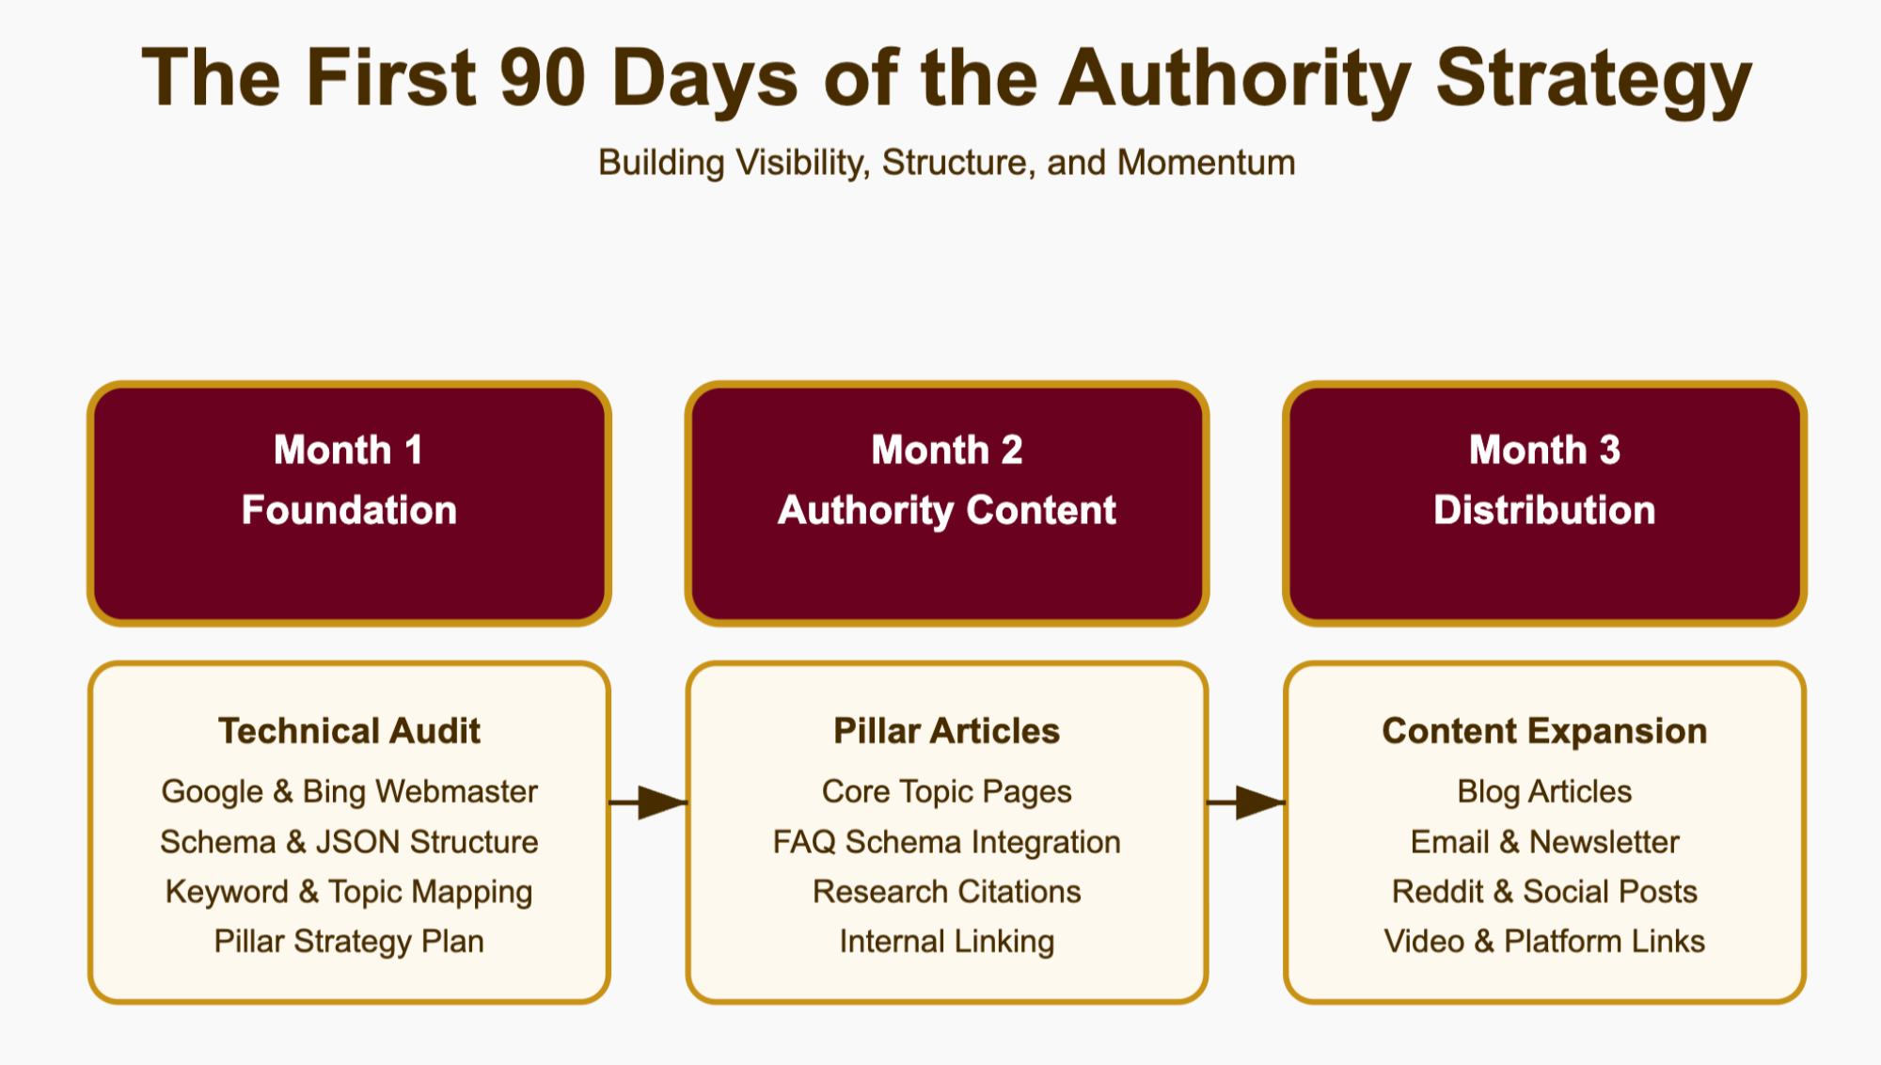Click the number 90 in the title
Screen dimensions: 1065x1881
pos(543,79)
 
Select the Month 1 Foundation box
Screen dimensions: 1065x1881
pos(349,502)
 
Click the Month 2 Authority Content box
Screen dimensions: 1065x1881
pos(946,502)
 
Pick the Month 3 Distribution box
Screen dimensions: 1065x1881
pos(1544,502)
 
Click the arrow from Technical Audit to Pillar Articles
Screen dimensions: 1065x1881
pos(649,803)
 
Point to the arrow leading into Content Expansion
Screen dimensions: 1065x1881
pos(1246,803)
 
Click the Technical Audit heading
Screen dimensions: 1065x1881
pos(349,731)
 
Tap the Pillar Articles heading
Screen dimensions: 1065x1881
pos(946,731)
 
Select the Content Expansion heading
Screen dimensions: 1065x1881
pos(1544,731)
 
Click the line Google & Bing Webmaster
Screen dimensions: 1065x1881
pos(349,791)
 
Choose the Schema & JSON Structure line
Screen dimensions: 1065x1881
pos(349,841)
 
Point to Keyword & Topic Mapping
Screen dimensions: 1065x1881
pos(349,891)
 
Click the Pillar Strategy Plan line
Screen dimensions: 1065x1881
pos(349,941)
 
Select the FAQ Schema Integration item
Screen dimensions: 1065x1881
pos(946,841)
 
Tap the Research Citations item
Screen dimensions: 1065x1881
pos(946,891)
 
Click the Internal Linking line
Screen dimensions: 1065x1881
pos(946,941)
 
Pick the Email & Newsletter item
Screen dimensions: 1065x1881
pos(1544,841)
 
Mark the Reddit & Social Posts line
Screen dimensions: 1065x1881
pos(1544,891)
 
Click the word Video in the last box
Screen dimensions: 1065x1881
pos(1424,941)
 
